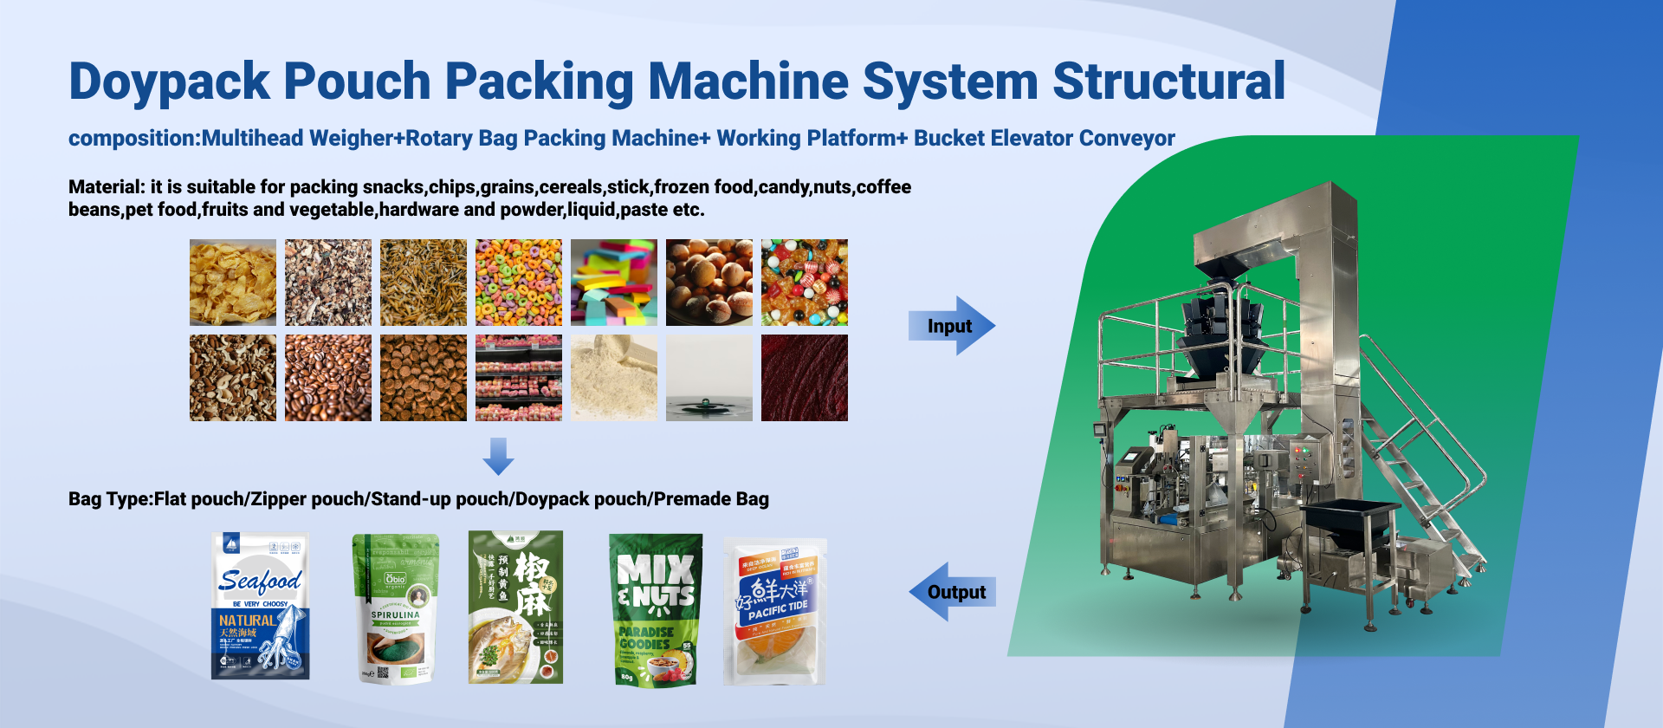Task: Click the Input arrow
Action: point(951,326)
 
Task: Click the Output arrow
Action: point(952,592)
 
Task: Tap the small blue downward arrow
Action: point(498,456)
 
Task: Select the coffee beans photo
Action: point(328,378)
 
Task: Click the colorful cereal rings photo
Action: point(519,283)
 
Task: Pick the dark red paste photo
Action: point(805,378)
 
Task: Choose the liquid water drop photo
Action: point(709,378)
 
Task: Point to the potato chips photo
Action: point(233,283)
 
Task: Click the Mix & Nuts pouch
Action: point(656,609)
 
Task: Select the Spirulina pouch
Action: point(396,608)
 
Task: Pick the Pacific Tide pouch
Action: point(775,611)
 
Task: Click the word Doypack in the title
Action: point(169,81)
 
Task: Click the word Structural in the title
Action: point(1168,81)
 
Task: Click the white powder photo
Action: point(614,378)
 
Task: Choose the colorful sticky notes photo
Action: point(614,283)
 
